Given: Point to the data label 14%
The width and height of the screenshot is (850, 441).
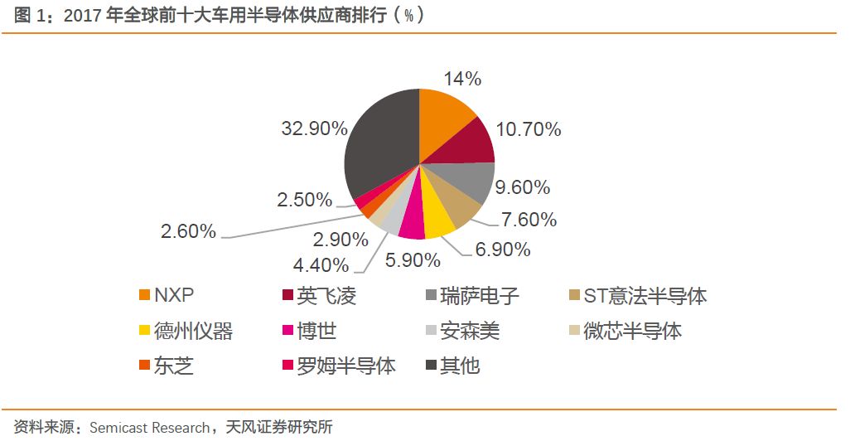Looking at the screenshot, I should [462, 79].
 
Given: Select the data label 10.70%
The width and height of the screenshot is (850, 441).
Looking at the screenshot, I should [529, 129].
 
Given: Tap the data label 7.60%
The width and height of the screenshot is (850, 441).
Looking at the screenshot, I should [527, 220].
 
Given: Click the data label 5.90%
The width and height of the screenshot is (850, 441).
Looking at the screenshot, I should [413, 260].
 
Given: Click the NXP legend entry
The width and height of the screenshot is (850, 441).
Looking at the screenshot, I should [173, 296].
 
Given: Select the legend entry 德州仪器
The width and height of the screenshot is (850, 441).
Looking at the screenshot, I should [193, 332].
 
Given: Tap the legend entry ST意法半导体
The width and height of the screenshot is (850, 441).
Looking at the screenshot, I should [645, 296].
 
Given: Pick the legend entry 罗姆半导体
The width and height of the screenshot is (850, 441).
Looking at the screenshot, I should [346, 366].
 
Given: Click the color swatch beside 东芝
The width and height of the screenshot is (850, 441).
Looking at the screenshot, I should [145, 366].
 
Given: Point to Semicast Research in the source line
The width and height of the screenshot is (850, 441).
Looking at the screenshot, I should [149, 428].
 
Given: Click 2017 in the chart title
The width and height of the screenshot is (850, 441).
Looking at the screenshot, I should [81, 16].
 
